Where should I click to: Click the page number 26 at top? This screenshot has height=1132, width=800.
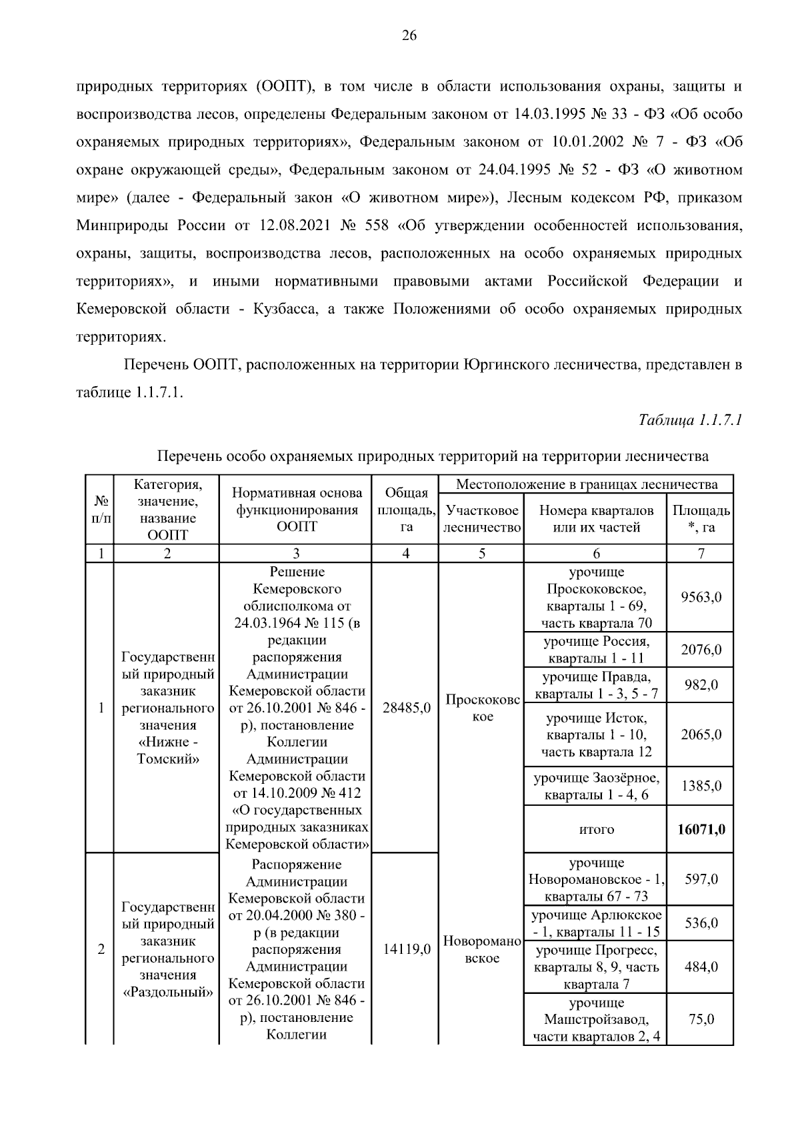409,37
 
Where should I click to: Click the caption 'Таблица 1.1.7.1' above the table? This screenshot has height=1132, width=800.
690,420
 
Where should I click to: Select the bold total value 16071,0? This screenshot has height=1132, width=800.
701,829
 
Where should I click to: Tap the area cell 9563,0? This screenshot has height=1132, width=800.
701,597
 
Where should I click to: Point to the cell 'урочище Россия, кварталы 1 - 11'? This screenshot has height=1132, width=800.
596,650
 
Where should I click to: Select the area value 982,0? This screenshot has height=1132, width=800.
701,685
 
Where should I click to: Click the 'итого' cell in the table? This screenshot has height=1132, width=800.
596,829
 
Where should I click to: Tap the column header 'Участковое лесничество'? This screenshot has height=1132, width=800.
481,519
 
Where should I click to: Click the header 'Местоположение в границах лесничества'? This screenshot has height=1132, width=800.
586,484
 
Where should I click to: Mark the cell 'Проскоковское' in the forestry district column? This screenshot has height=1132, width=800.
482,708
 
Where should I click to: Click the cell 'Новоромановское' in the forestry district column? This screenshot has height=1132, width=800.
481,949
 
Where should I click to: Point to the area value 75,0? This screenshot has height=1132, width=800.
701,1019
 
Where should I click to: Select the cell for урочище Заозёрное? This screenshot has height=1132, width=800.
596,786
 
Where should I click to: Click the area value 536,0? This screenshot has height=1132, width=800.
701,923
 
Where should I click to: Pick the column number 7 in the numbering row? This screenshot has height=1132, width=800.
701,553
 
